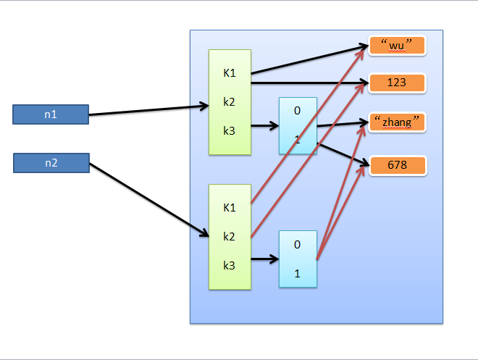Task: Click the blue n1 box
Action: [51, 114]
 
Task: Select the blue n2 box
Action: [51, 163]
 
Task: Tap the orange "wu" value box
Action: [396, 46]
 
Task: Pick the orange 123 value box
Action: [396, 83]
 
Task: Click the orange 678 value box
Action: [396, 165]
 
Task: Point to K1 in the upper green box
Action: [230, 72]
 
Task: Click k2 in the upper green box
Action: [230, 101]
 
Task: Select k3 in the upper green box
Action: [230, 130]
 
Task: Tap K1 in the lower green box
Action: [230, 207]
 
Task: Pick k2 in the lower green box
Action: [230, 236]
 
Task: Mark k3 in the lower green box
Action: [230, 265]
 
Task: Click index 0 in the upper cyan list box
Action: [297, 112]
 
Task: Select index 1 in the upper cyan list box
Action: [297, 139]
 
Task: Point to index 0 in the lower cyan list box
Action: [297, 245]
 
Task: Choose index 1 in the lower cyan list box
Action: [297, 273]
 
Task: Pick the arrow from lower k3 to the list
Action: [265, 259]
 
